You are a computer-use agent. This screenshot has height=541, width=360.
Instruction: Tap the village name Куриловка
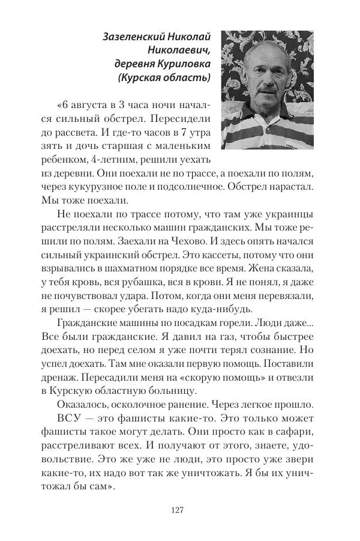pyautogui.click(x=183, y=63)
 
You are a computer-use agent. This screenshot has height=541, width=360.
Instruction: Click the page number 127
pyautogui.click(x=176, y=510)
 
